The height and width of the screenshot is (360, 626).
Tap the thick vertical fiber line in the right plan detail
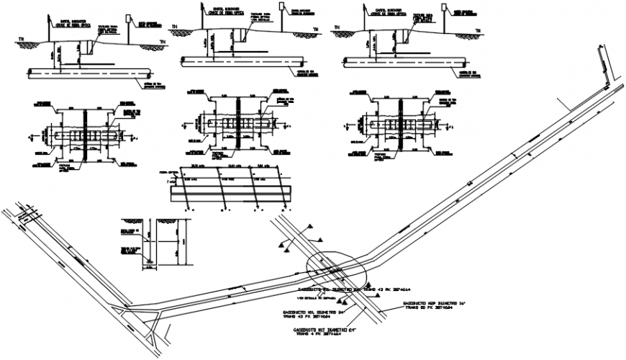coord(398,123)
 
